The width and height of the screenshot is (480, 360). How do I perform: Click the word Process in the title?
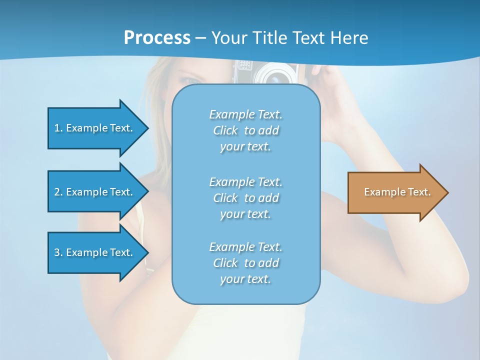(157, 38)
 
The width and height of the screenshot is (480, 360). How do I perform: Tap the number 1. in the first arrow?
(58, 128)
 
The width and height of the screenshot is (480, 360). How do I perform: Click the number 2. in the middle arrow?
(58, 192)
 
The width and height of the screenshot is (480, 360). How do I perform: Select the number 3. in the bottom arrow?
(58, 252)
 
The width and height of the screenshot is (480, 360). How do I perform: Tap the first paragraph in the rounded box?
(245, 130)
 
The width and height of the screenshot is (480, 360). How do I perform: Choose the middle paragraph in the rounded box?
(245, 198)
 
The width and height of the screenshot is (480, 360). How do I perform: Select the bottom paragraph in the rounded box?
(245, 263)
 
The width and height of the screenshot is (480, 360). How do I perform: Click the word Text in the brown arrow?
(419, 192)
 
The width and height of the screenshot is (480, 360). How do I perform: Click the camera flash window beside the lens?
(244, 65)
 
